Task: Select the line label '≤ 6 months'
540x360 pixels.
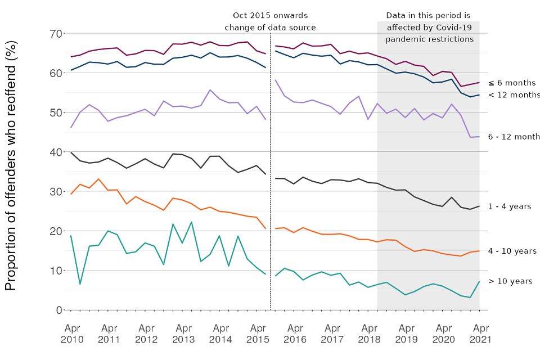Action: pyautogui.click(x=512, y=83)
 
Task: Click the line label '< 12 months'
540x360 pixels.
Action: pyautogui.click(x=514, y=94)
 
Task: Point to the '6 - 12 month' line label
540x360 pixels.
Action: pyautogui.click(x=514, y=137)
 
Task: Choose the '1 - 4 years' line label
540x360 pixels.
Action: pyautogui.click(x=510, y=206)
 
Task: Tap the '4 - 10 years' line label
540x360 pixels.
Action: pyautogui.click(x=512, y=251)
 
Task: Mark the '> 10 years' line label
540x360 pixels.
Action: pyautogui.click(x=510, y=281)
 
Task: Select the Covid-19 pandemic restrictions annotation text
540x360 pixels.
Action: pyautogui.click(x=429, y=28)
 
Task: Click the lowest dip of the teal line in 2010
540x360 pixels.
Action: pyautogui.click(x=80, y=284)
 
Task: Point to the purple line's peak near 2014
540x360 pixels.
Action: pyautogui.click(x=210, y=90)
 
